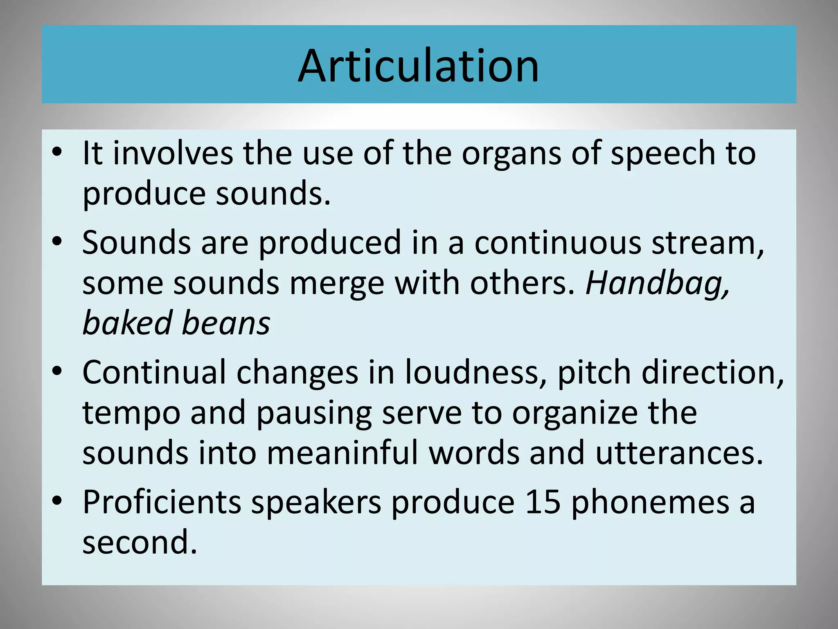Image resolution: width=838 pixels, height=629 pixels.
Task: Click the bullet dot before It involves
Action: (x=57, y=152)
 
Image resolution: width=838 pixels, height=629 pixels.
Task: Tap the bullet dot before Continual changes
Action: (x=57, y=371)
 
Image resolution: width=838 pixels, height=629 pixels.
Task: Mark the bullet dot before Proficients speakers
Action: (x=57, y=500)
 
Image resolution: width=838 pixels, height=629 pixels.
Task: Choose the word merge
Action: (x=337, y=284)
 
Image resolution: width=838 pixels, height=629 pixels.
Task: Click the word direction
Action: (x=712, y=373)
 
